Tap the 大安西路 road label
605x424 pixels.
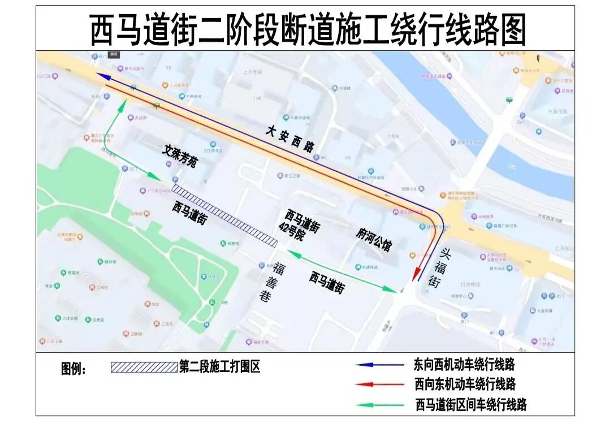coord(290,139)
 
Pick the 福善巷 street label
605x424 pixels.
coord(266,283)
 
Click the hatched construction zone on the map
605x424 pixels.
coord(224,215)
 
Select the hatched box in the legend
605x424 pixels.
coord(144,367)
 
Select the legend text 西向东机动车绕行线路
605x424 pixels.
coord(464,384)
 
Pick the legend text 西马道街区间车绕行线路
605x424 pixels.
coord(470,405)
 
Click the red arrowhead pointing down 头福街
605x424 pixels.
coord(416,276)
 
